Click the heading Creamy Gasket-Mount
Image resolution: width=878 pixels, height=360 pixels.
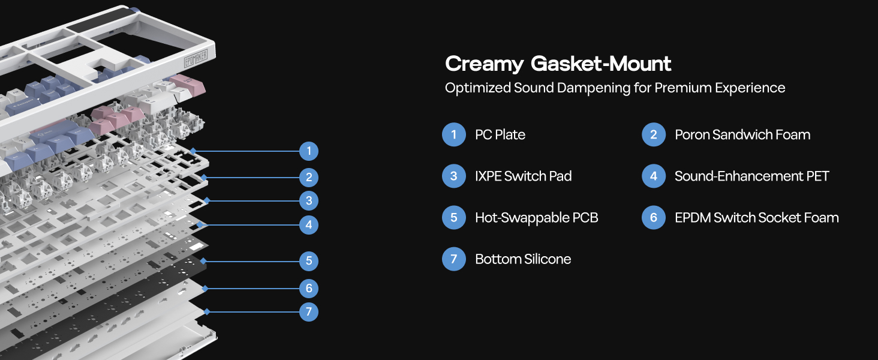(x=558, y=64)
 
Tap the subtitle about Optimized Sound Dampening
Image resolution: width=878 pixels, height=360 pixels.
(x=615, y=88)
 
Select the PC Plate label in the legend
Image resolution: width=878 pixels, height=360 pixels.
(x=500, y=135)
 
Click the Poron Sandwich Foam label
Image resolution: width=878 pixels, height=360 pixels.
(x=742, y=135)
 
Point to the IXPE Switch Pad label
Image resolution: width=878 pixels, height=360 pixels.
(x=523, y=176)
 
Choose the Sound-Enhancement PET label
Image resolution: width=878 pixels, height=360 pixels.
(x=751, y=176)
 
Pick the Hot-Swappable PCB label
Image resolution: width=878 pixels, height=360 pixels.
(x=536, y=218)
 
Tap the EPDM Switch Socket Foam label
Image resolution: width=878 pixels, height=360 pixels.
(x=756, y=218)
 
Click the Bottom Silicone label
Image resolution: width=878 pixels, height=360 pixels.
(x=522, y=259)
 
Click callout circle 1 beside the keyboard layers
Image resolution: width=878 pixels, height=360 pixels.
(x=309, y=151)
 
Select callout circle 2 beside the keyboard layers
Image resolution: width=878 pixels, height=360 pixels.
(x=309, y=178)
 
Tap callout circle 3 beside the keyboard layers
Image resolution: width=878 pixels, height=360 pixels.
(x=309, y=200)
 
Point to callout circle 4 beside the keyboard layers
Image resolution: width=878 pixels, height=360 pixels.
(x=309, y=225)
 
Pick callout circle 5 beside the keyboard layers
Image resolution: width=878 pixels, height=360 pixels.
(x=309, y=261)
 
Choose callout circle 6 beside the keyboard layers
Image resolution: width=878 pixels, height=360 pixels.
(x=309, y=289)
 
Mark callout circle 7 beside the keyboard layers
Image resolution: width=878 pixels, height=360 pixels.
(x=309, y=312)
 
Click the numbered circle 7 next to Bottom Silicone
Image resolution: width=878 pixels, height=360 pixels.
(x=454, y=259)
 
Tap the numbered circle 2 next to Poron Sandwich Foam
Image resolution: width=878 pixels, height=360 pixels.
(x=654, y=135)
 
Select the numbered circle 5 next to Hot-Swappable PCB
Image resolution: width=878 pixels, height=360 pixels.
(x=454, y=218)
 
